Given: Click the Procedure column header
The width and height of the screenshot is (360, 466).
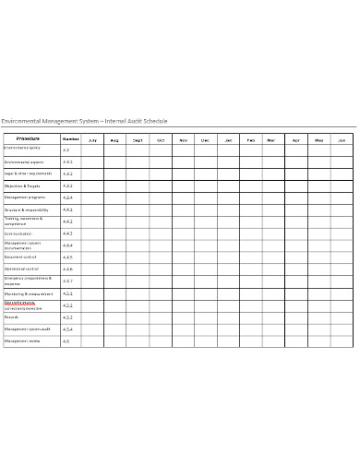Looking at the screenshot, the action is (x=29, y=138).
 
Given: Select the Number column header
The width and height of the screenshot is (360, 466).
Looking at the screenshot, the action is (x=70, y=138).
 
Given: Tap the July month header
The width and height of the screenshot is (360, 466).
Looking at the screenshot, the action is (x=92, y=139).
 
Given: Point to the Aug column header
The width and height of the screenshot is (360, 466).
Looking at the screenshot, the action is (x=114, y=139).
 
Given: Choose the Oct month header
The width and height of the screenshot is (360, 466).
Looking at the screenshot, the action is (x=160, y=139).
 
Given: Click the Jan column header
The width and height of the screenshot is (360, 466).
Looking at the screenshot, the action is (x=228, y=139).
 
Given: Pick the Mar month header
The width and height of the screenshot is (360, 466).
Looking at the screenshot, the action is (x=271, y=139).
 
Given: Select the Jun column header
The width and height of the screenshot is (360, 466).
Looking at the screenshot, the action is (x=341, y=139).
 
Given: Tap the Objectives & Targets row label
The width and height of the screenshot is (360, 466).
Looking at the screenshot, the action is (x=25, y=185).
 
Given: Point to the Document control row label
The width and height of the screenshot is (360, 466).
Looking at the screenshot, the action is (x=20, y=257).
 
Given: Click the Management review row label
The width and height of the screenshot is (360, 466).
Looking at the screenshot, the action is (x=23, y=341).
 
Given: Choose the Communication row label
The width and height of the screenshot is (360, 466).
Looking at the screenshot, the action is (x=22, y=233).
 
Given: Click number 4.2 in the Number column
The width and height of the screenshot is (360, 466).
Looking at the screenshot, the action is (x=66, y=149).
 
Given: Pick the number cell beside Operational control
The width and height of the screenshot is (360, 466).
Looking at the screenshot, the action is (x=67, y=269).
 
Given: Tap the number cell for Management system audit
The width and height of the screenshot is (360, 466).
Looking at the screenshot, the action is (x=67, y=329).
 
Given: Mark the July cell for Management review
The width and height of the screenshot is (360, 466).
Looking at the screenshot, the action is (x=92, y=341).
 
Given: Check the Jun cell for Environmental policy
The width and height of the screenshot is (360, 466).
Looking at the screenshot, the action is (x=342, y=149).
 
